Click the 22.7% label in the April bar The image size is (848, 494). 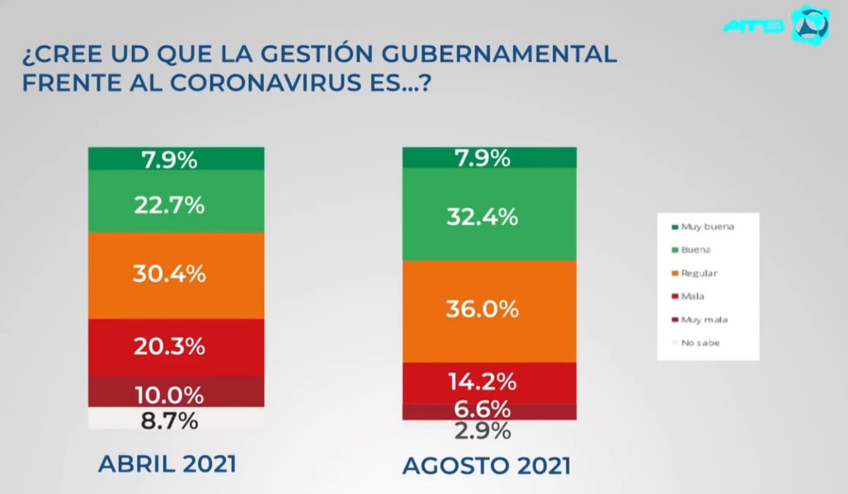(170, 205)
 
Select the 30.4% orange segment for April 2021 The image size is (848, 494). (170, 273)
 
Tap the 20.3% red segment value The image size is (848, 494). (170, 346)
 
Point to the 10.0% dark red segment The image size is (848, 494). (170, 395)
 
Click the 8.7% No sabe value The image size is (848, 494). (170, 420)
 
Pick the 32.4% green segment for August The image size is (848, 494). (482, 217)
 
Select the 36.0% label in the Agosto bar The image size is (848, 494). (482, 309)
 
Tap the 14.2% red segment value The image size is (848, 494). (482, 382)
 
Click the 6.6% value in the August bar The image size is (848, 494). (482, 409)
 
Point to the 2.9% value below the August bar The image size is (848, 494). (482, 431)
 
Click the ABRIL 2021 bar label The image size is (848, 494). (167, 464)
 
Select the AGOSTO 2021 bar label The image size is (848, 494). (486, 466)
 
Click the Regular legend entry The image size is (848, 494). (699, 273)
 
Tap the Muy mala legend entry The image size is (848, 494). (704, 319)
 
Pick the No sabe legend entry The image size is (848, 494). (700, 343)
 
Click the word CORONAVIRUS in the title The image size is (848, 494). (264, 84)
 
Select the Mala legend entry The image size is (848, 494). (692, 296)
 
